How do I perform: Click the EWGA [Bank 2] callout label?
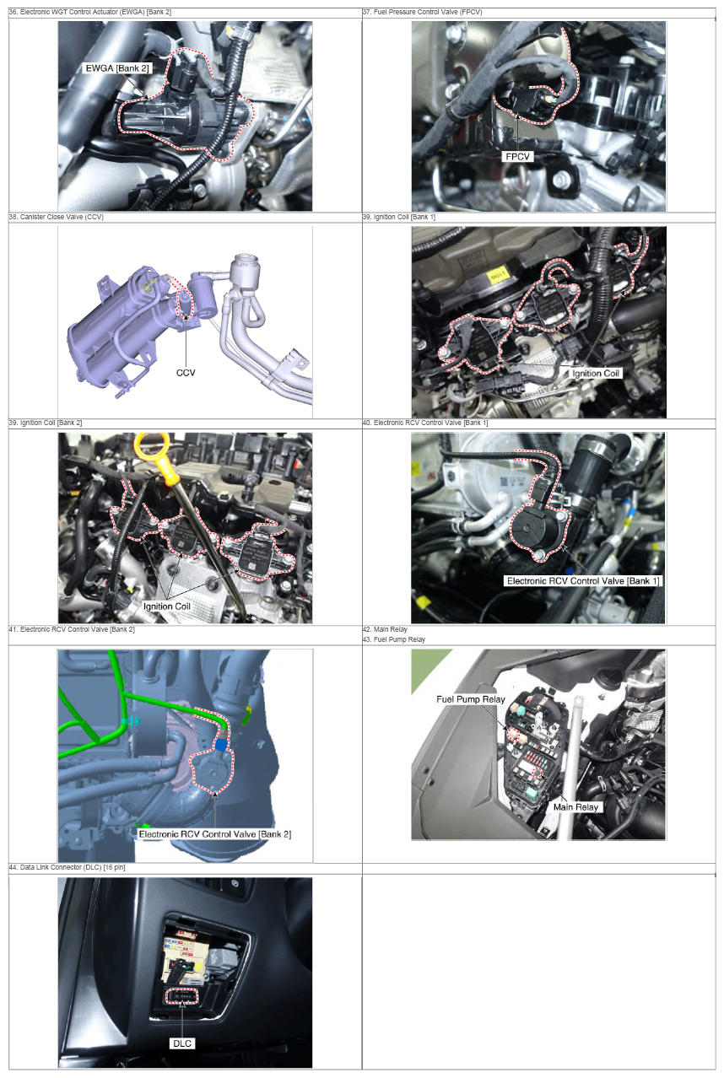click(117, 68)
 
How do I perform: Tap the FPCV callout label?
click(517, 156)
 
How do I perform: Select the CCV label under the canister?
click(186, 373)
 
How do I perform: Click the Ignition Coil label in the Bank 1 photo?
click(596, 373)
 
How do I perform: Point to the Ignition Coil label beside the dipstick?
click(166, 606)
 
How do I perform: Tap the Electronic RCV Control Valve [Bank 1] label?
click(583, 581)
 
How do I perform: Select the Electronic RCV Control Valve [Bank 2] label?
click(215, 834)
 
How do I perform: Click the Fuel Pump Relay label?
click(470, 699)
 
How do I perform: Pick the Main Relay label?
click(575, 807)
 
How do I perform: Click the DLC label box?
click(182, 1043)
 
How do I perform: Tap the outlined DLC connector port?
click(182, 997)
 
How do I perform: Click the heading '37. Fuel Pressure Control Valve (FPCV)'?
click(422, 12)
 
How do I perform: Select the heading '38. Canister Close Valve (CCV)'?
click(57, 217)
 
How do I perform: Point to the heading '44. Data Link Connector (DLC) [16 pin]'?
click(67, 867)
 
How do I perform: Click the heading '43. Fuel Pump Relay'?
click(394, 639)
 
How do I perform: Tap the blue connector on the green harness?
click(221, 745)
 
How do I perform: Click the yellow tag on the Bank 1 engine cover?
click(497, 275)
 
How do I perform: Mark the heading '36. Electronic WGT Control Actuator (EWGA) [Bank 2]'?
click(90, 12)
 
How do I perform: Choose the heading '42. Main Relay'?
click(385, 629)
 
